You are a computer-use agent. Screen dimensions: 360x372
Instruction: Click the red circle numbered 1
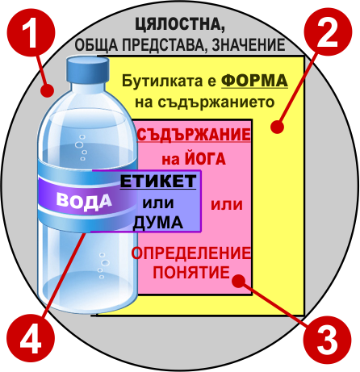(31, 33)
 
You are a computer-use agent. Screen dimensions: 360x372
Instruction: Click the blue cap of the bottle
(88, 69)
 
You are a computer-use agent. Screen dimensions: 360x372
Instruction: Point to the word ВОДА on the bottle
(84, 201)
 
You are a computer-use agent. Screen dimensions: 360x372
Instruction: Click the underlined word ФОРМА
(254, 81)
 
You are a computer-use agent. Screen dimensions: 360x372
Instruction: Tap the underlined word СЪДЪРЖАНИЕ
(194, 134)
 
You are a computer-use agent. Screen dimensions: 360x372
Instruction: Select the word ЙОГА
(205, 158)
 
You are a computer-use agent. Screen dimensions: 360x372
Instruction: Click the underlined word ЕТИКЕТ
(158, 181)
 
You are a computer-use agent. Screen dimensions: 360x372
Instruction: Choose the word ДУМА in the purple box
(158, 223)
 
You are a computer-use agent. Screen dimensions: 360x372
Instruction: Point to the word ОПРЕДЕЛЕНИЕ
(191, 253)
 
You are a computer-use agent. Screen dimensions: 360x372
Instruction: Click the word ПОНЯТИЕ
(191, 272)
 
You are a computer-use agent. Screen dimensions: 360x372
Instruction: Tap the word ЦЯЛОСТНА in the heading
(180, 25)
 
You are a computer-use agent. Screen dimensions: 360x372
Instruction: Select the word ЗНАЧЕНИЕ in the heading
(249, 44)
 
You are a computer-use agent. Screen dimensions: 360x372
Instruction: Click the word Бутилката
(165, 81)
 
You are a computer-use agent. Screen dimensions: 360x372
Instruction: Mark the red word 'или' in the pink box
(227, 205)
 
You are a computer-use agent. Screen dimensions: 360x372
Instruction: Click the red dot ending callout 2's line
(277, 127)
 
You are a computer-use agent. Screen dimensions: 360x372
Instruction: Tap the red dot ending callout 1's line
(48, 90)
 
